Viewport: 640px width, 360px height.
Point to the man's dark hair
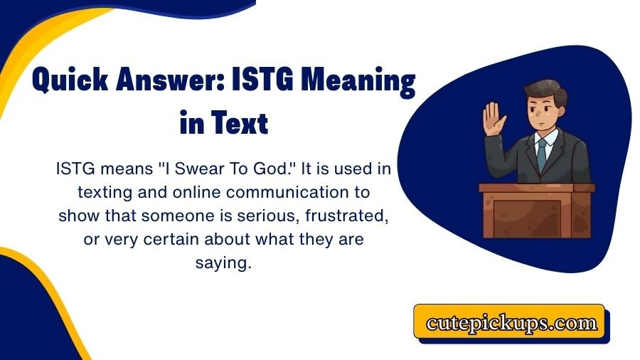[540, 91]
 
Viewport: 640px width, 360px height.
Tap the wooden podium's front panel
[537, 217]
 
